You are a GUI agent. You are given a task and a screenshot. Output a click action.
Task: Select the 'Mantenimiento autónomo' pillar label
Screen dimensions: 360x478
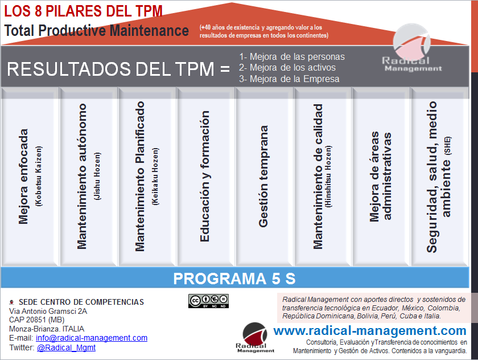tap(83, 176)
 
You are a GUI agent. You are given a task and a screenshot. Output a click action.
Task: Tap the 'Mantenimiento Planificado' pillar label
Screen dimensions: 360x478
tap(141, 176)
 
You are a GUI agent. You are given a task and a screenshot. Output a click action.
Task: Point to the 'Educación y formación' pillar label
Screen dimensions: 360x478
tap(205, 176)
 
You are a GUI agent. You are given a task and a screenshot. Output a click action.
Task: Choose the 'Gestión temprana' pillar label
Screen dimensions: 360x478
tap(263, 176)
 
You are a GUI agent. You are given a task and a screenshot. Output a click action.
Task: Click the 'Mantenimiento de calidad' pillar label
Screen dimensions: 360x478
tap(318, 176)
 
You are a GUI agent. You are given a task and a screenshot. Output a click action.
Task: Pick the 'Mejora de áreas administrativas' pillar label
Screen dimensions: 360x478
tap(381, 176)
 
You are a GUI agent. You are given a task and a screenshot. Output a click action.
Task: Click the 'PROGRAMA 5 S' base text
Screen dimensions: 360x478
tap(234, 279)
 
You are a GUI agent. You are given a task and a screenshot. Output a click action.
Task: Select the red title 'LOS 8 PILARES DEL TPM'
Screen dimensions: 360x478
tap(83, 11)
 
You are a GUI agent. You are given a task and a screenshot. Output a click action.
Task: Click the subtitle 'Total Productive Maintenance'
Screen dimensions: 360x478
tap(97, 30)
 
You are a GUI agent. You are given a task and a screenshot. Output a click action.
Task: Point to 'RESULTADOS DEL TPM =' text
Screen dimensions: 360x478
tap(118, 69)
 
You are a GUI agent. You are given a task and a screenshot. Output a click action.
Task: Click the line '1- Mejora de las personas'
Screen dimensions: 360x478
tap(292, 56)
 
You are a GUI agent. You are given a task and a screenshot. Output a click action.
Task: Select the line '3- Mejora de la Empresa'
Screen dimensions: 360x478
tap(290, 79)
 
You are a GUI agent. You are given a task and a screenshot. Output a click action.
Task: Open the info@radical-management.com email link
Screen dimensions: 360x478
tap(92, 338)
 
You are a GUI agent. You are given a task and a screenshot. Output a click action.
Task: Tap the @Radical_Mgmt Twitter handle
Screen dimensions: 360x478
tap(66, 347)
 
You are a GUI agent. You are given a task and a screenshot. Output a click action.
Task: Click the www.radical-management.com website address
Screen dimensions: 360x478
tap(370, 330)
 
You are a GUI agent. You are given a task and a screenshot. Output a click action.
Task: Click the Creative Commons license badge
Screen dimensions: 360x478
tap(208, 301)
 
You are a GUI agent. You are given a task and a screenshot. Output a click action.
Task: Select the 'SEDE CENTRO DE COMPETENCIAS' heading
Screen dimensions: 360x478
tap(81, 302)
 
